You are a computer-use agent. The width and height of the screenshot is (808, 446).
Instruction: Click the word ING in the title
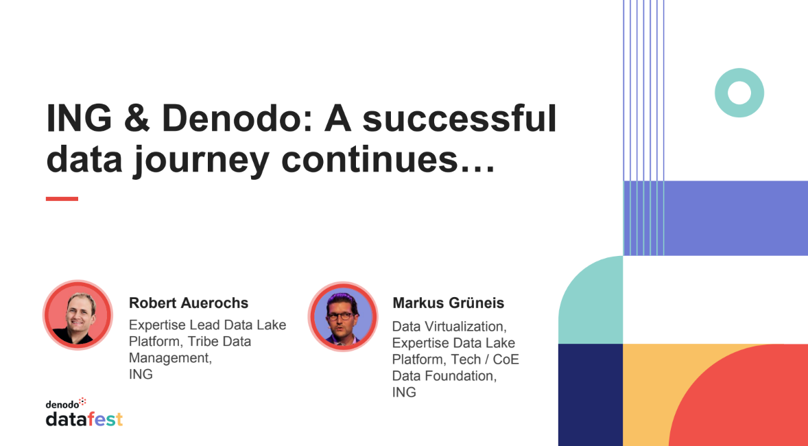pos(78,119)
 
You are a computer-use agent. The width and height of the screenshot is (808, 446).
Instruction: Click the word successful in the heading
pos(460,119)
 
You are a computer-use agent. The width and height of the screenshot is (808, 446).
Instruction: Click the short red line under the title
pos(62,198)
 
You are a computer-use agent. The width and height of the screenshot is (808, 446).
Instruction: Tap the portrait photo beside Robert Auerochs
pos(78,316)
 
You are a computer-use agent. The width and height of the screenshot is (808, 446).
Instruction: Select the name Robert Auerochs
pos(189,303)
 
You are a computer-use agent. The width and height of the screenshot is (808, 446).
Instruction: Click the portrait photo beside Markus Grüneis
pos(343,316)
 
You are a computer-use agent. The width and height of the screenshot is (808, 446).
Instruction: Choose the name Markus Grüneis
pos(449,303)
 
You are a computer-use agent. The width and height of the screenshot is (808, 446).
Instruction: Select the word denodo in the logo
pos(62,405)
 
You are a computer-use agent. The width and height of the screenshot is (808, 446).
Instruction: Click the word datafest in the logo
pos(84,420)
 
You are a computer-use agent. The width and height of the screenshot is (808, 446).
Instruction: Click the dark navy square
pos(591,395)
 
